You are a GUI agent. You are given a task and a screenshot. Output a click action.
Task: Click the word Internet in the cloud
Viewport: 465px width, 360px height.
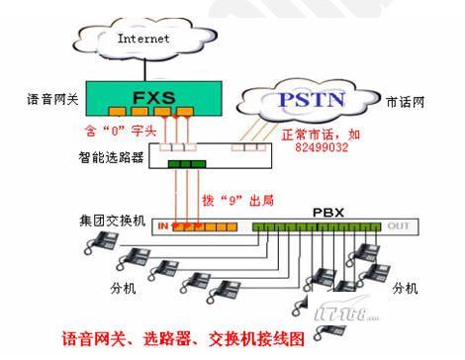(143, 39)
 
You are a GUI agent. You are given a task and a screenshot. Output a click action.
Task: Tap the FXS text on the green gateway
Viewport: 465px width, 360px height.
(154, 98)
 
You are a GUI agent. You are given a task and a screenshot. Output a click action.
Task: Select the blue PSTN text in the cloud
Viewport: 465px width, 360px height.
(312, 100)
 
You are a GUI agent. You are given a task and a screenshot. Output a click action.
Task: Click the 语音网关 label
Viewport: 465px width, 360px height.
(52, 99)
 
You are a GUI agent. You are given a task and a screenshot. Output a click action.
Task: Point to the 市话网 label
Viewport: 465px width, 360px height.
(406, 102)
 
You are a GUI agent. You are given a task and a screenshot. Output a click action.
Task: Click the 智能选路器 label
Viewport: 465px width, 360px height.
(111, 157)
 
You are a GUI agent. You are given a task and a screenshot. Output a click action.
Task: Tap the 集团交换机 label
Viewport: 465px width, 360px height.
(113, 221)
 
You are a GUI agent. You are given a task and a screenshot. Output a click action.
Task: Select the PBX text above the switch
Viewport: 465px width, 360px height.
(328, 213)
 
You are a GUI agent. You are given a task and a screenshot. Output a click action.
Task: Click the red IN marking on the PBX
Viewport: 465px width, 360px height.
(163, 225)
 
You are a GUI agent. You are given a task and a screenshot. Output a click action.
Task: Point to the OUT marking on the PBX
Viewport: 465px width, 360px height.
(399, 225)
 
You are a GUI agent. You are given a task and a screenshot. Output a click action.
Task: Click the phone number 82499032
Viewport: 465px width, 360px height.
(322, 146)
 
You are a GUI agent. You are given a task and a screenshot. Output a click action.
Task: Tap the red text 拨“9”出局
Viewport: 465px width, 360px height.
(238, 200)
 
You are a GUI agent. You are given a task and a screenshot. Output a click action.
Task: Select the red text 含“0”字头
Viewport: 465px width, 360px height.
(120, 131)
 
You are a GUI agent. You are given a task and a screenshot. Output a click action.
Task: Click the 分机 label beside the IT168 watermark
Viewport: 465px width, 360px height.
(406, 289)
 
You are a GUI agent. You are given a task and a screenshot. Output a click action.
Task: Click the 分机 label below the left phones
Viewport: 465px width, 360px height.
(123, 289)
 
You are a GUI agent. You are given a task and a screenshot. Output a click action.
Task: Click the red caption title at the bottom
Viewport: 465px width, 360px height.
(183, 338)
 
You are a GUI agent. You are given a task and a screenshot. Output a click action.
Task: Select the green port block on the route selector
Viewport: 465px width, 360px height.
(187, 164)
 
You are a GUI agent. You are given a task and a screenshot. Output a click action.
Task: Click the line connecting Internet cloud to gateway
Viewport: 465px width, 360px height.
(144, 69)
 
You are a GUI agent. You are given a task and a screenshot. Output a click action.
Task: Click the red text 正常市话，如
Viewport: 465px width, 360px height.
(321, 135)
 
